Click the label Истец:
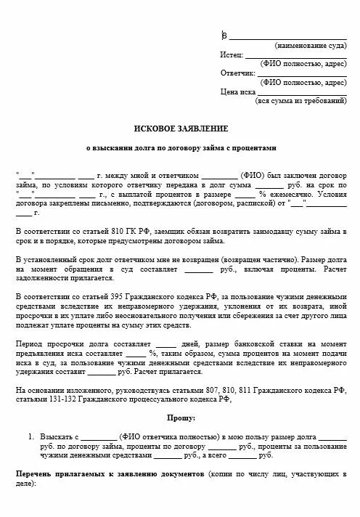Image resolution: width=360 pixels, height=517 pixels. point(232,54)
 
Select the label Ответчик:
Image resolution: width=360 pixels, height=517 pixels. point(238,73)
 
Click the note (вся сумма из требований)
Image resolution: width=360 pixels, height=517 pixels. point(301,101)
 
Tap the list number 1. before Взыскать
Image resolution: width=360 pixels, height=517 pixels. point(31,436)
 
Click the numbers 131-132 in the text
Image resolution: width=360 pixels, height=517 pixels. point(58,399)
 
